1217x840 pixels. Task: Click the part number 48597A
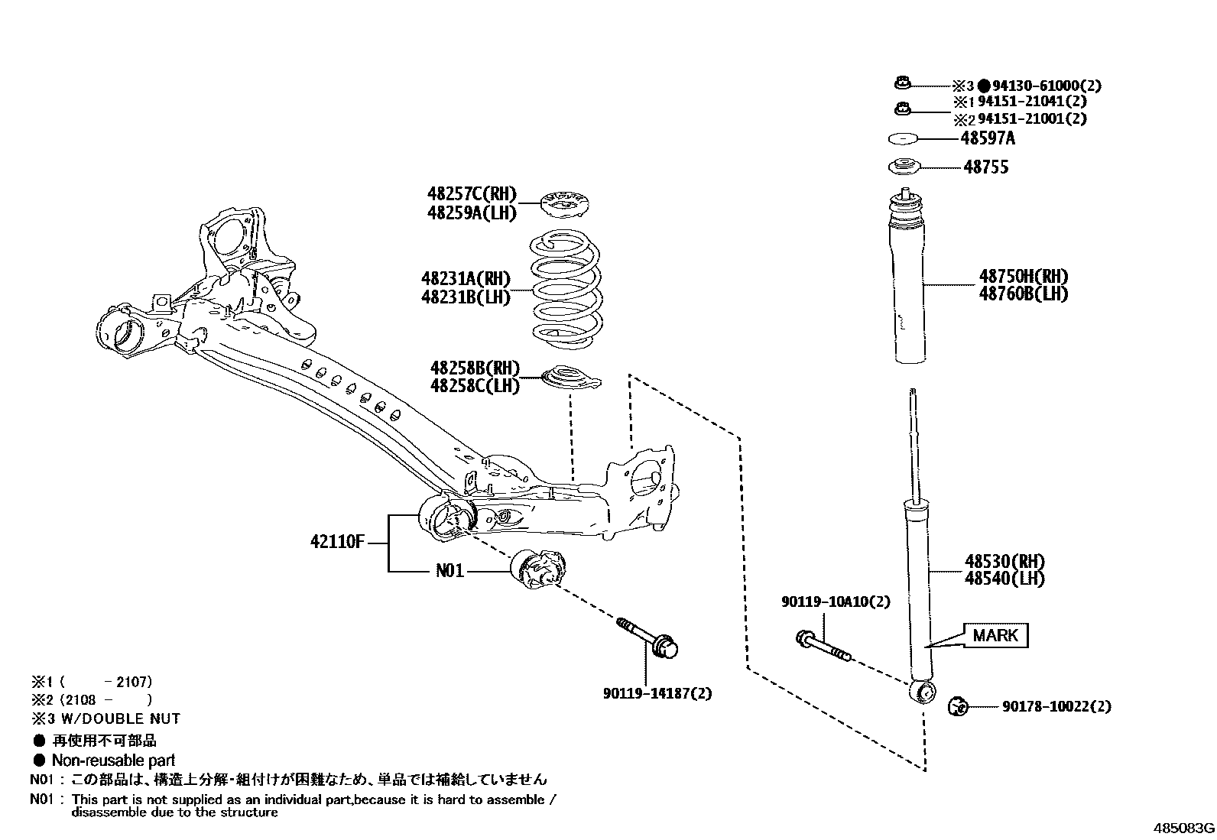[988, 138]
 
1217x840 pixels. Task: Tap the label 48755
[986, 167]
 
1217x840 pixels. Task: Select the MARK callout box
[995, 635]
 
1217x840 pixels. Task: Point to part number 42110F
[337, 542]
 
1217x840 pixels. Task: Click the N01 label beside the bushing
[449, 571]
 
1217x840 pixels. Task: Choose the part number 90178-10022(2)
[1056, 706]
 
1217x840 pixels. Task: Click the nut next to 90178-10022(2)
[958, 706]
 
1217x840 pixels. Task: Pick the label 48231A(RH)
[465, 279]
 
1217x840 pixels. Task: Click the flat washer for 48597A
[904, 139]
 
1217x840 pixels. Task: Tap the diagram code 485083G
[1183, 829]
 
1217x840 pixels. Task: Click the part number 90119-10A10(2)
[836, 602]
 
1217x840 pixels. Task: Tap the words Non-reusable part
[113, 761]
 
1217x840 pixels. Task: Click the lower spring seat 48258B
[571, 378]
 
